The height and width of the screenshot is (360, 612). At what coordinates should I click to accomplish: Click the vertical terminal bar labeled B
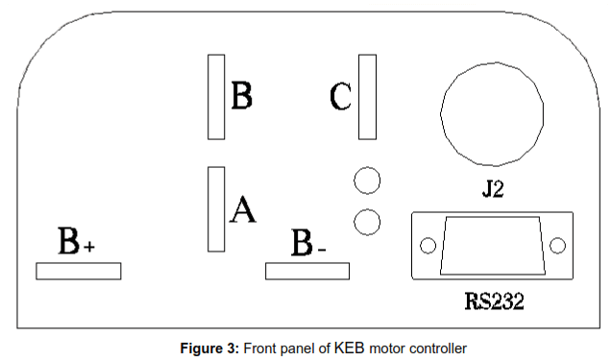pos(216,97)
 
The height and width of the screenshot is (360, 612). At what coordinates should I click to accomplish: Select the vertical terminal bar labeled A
pos(216,209)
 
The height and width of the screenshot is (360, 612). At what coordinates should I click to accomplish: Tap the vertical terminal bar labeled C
pos(367,97)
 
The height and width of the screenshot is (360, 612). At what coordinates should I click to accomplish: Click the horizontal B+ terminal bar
pos(78,272)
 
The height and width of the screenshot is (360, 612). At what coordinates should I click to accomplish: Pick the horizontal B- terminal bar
pos(307,272)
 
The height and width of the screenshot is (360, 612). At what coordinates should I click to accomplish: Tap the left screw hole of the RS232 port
pos(428,246)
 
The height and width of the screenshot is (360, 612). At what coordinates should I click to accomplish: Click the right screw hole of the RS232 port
pos(557,246)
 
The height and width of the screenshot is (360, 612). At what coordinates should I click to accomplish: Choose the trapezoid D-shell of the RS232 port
pos(492,246)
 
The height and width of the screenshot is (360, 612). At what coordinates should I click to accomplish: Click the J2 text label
pos(493,190)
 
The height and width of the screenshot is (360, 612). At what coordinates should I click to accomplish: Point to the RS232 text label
pos(494,302)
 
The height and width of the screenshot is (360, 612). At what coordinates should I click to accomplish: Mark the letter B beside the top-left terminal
pos(241,96)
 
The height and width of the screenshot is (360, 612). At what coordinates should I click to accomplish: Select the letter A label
pos(243,209)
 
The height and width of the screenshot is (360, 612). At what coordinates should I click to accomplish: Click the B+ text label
pos(76,242)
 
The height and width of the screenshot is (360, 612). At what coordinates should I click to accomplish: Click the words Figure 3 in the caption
pos(210,347)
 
